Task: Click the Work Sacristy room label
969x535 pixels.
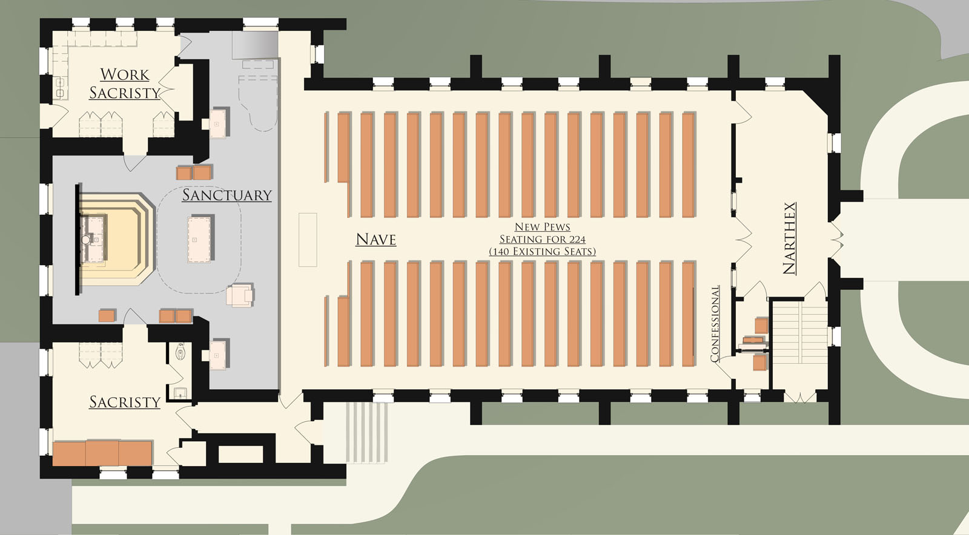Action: [x=124, y=84]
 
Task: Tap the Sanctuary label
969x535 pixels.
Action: [x=227, y=195]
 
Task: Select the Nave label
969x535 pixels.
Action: [x=375, y=240]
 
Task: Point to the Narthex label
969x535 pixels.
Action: [x=789, y=238]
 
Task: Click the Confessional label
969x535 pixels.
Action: [x=715, y=324]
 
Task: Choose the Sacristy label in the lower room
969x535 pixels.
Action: [x=125, y=402]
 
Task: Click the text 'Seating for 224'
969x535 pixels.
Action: [x=542, y=239]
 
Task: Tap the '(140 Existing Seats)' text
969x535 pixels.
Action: [x=542, y=251]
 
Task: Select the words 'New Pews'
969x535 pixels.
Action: [x=542, y=227]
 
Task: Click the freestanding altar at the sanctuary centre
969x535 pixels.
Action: [x=200, y=239]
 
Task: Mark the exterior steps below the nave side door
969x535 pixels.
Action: [x=366, y=432]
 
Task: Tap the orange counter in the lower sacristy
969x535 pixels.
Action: [x=102, y=453]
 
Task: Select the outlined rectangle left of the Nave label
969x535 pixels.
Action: [x=308, y=240]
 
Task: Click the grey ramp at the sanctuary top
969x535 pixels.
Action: [x=255, y=44]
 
